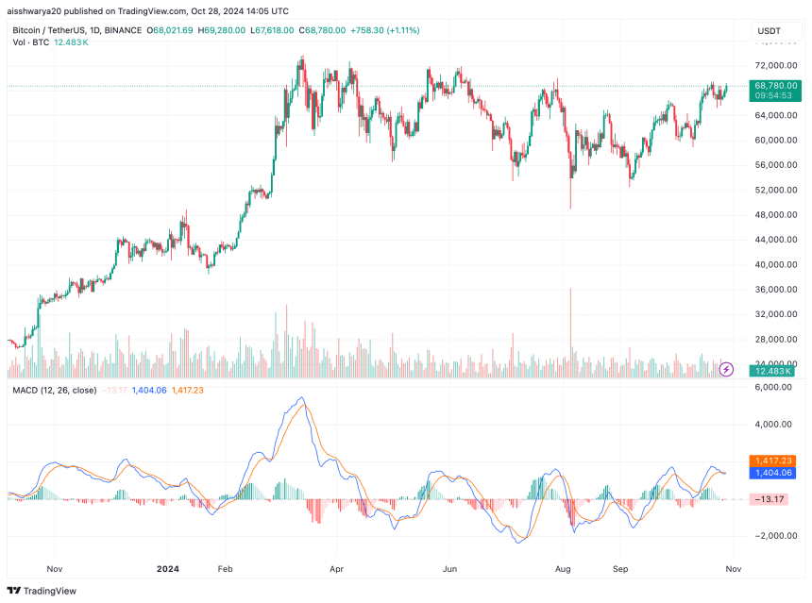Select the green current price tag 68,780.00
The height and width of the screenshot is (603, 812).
pos(776,86)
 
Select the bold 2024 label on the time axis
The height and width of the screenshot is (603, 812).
pos(167,570)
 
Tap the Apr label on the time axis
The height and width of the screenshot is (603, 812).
pos(336,570)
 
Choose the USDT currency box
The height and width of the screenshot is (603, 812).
pos(770,31)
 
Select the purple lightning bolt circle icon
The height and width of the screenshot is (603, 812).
pos(726,369)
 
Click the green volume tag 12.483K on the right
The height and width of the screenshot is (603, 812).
pos(772,371)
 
